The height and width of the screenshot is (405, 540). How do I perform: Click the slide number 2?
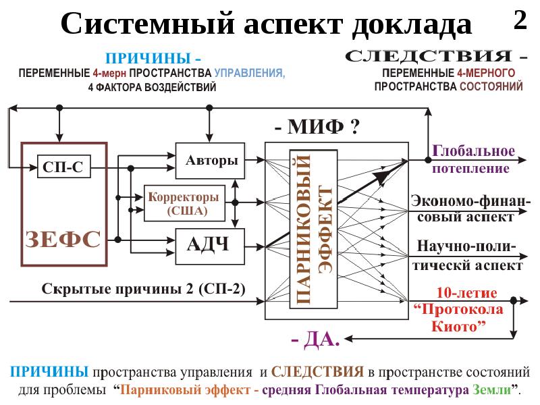tap(520, 21)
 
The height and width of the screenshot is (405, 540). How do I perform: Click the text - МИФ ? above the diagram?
tap(316, 126)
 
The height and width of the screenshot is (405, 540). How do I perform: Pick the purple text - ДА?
tap(315, 340)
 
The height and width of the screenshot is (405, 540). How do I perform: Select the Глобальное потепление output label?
tap(473, 159)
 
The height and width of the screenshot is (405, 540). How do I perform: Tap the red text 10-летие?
tap(467, 294)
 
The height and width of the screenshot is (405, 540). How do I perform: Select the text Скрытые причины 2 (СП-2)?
tap(144, 289)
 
